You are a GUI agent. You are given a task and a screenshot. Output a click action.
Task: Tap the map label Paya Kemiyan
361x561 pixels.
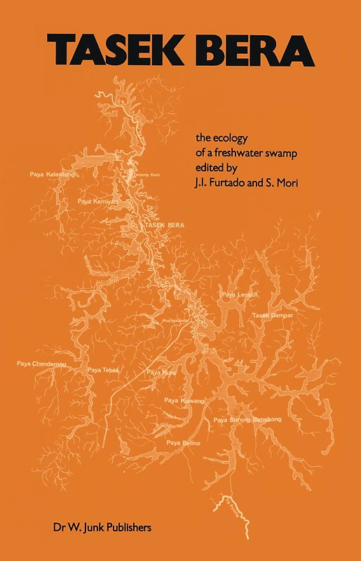(x=95, y=201)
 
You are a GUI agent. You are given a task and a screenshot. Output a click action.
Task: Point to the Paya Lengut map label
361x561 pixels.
(x=236, y=295)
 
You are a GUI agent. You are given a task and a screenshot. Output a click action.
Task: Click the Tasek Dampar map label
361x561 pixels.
(x=272, y=316)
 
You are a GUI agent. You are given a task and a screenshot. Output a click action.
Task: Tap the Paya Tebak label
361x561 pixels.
(x=104, y=370)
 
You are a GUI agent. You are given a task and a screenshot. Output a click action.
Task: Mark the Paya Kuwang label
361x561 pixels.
(x=184, y=400)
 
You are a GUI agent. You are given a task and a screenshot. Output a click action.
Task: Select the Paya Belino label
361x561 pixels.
(x=184, y=443)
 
